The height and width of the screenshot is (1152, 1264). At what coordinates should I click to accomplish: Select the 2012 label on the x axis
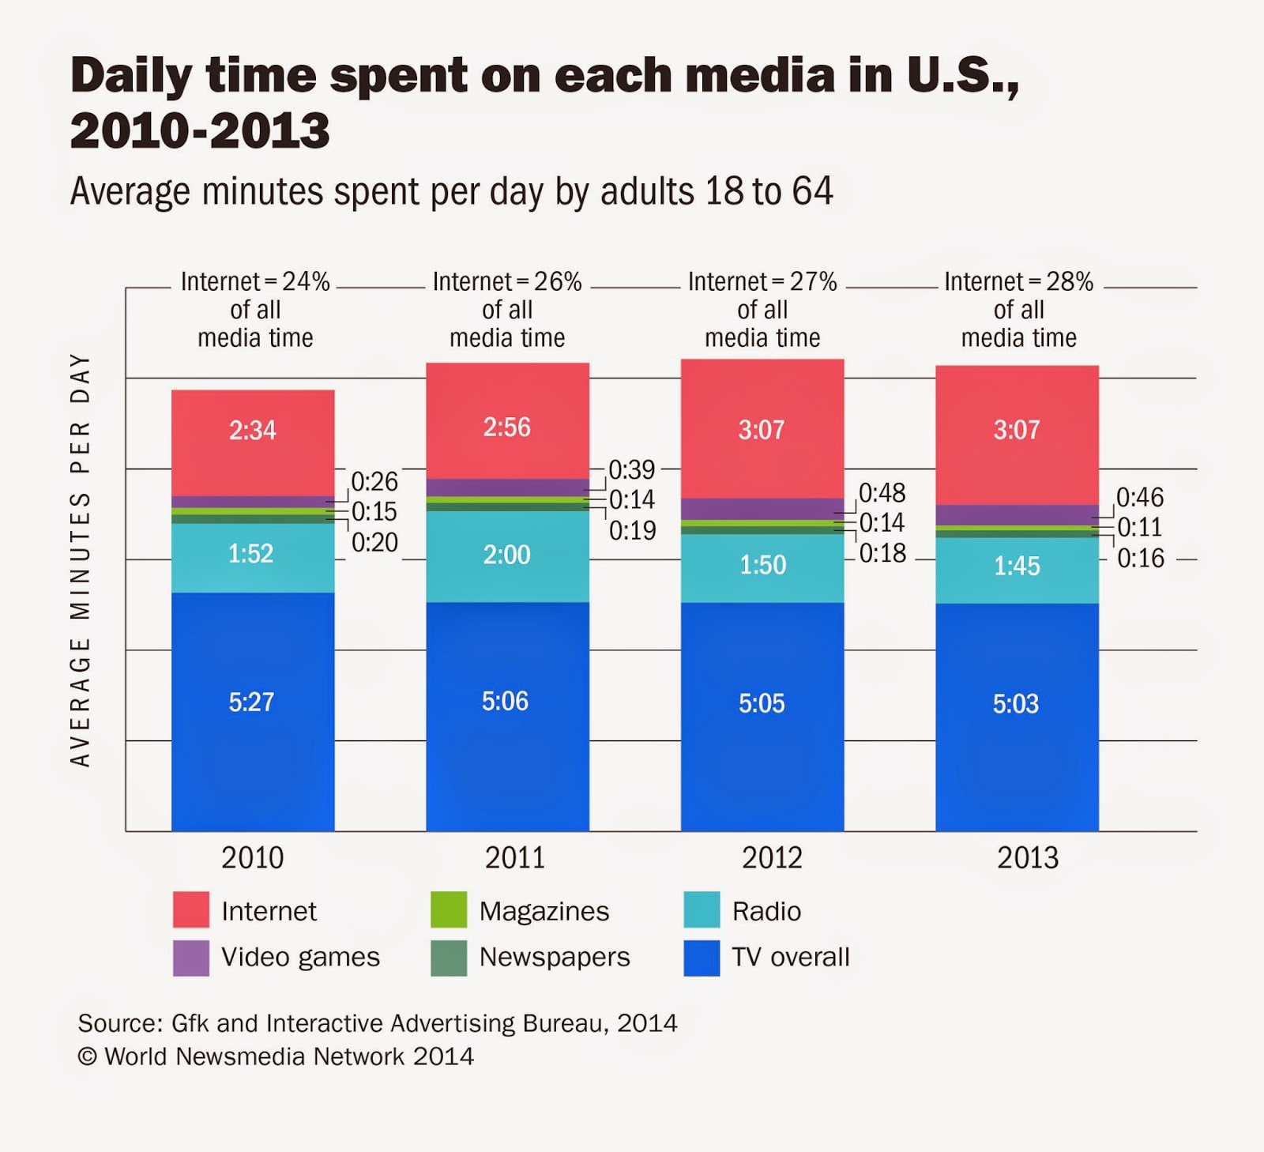772,858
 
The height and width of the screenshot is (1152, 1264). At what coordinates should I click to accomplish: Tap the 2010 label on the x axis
252,858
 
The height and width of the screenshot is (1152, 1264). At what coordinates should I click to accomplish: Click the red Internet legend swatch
191,909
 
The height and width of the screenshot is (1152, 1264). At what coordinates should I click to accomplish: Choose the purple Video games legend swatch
191,958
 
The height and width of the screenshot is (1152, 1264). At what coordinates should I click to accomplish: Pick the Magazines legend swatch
449,909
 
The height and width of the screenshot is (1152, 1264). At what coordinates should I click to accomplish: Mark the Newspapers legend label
555,958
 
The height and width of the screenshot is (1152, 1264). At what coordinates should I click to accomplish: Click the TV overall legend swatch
702,958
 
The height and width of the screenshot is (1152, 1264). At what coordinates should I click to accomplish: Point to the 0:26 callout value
374,482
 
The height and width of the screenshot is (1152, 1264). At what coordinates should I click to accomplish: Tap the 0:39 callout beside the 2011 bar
632,470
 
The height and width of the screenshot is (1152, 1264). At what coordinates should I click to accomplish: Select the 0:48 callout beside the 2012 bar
882,494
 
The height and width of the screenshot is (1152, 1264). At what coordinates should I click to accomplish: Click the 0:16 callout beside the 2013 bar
1141,559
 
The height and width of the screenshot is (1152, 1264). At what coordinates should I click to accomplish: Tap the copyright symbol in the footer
87,1057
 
